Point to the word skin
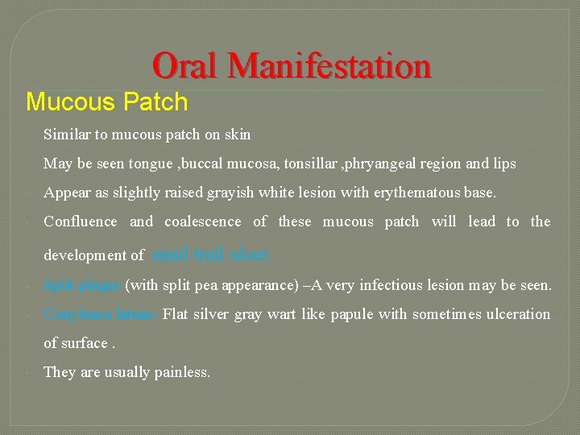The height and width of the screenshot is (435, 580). (x=236, y=135)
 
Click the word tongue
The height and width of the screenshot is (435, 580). (x=151, y=164)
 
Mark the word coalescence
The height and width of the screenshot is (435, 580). (x=202, y=222)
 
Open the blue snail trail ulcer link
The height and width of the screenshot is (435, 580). (x=211, y=255)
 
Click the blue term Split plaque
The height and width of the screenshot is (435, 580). (x=81, y=285)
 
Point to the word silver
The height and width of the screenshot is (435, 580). (x=213, y=314)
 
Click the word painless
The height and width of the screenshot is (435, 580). (x=183, y=372)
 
